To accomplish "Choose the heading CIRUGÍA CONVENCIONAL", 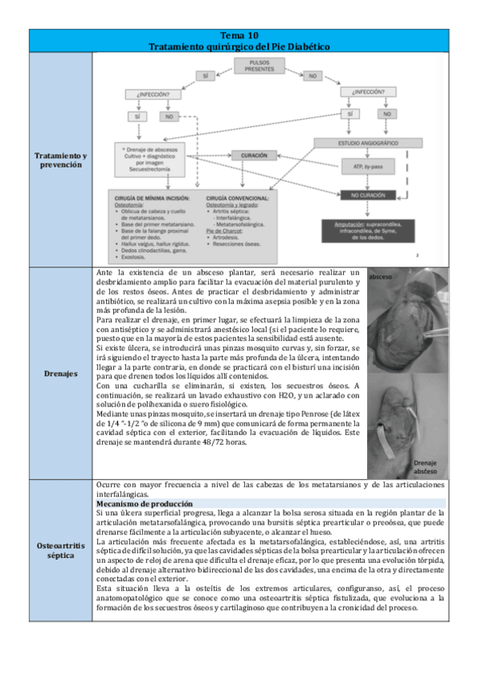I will tap(237, 196).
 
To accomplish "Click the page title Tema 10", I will tap(239, 37).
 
